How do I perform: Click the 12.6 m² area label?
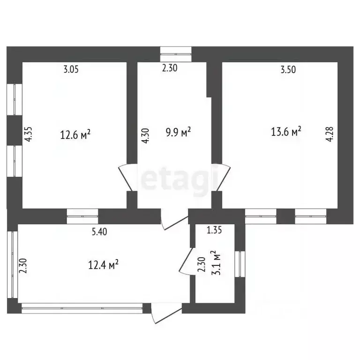pos(75,135)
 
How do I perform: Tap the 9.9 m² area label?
pos(178,132)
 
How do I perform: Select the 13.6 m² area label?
pos(286,132)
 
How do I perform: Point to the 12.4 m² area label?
pos(103,265)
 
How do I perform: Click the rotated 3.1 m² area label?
pos(215,263)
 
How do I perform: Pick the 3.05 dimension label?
pos(71,69)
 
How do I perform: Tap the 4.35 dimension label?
pos(29,135)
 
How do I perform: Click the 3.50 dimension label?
pos(288,69)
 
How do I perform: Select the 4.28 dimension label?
pos(330,135)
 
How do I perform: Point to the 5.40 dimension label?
pos(99,232)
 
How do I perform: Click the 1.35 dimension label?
pos(214,230)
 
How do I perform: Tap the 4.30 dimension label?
pos(146,136)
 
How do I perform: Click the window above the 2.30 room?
pos(176,54)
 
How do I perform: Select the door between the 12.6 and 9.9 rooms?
pos(127,177)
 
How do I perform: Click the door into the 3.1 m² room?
pos(187,261)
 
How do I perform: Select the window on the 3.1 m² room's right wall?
pos(240,264)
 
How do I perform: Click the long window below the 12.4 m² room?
pos(82,308)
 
